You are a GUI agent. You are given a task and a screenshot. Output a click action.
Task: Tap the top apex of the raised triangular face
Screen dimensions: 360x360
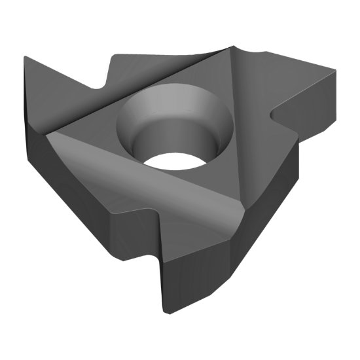pos(232,47)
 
